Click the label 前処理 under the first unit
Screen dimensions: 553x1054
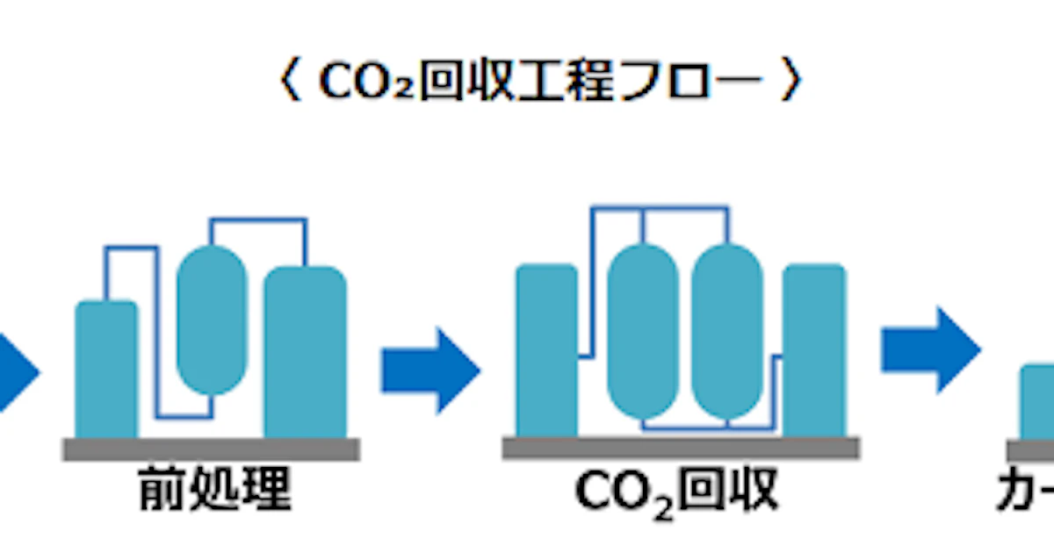coord(214,492)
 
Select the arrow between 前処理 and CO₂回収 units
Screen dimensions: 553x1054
coord(430,370)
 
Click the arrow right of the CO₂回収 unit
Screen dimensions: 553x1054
coord(930,349)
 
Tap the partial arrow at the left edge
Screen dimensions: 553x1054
coord(18,370)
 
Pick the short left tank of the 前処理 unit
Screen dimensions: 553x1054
coord(106,369)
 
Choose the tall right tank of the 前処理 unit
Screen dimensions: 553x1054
coord(305,351)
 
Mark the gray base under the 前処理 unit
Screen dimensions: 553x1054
coord(211,449)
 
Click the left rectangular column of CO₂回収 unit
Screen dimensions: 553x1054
coord(546,351)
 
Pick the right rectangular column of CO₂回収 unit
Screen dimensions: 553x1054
coord(814,351)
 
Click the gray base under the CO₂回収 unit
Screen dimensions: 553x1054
coord(681,448)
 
